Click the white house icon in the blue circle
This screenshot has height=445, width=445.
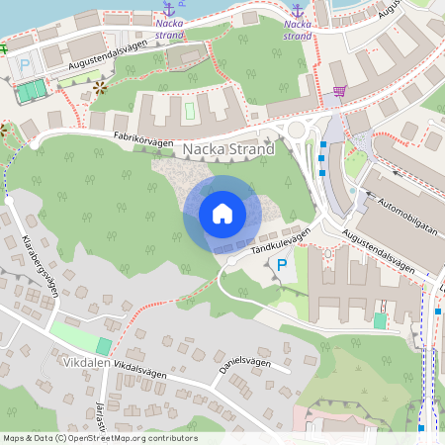point(222,214)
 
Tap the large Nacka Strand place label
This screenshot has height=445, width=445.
point(229,149)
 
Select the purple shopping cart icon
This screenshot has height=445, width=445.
point(340,91)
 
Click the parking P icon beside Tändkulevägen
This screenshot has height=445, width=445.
point(282,265)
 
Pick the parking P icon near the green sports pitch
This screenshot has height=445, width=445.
point(25,65)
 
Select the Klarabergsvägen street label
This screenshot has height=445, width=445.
point(40,266)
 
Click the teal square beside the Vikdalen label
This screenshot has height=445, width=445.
point(104,345)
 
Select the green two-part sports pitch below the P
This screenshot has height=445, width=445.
point(32,91)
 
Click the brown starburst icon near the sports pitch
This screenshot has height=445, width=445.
point(99,89)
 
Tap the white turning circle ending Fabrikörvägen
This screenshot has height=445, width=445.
point(35,144)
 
